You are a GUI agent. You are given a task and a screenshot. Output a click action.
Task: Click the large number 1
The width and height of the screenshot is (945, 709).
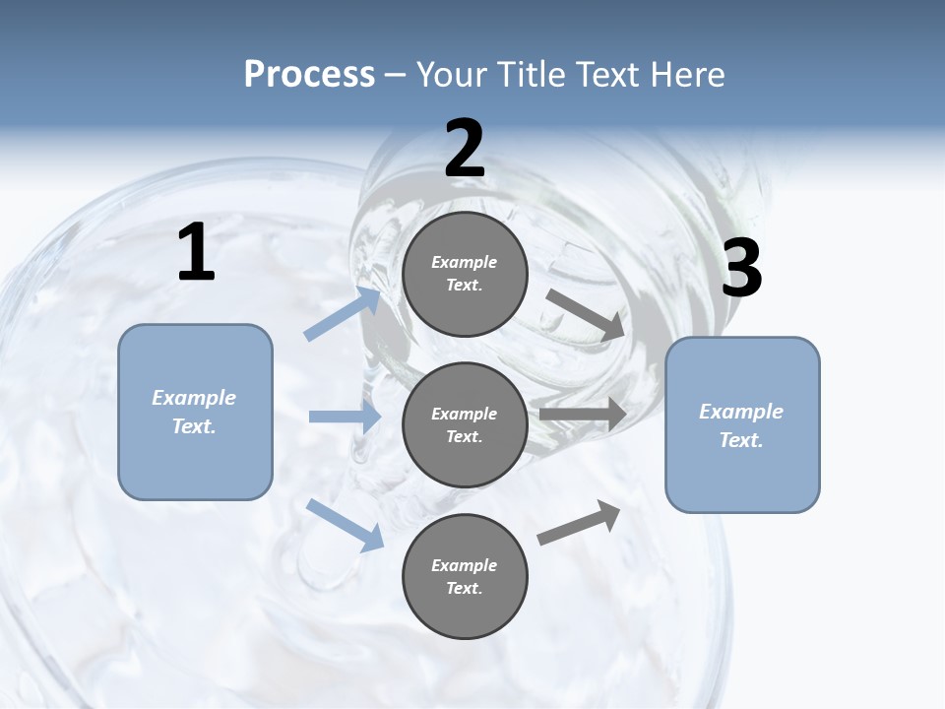pyautogui.click(x=196, y=253)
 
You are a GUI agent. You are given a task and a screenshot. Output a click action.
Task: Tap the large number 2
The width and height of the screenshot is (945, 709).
pyautogui.click(x=465, y=150)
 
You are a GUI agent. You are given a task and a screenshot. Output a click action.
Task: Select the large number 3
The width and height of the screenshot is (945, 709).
pyautogui.click(x=741, y=269)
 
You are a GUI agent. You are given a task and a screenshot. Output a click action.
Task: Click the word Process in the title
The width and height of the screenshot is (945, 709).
pyautogui.click(x=309, y=75)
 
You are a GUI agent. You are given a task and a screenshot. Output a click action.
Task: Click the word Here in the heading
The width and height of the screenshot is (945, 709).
pyautogui.click(x=689, y=75)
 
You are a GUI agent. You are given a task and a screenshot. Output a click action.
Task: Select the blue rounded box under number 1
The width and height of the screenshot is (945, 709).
pyautogui.click(x=195, y=412)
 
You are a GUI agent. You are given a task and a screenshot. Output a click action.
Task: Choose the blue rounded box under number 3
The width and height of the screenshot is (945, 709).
pyautogui.click(x=742, y=425)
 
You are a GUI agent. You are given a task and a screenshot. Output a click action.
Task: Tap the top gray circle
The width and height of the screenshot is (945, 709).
pyautogui.click(x=465, y=274)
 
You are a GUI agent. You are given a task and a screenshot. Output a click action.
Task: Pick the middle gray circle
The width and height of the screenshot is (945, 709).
pyautogui.click(x=465, y=424)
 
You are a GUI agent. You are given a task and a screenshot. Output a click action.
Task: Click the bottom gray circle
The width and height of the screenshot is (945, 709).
pyautogui.click(x=465, y=576)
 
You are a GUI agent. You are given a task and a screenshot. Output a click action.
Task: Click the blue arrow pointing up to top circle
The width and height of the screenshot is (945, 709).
pyautogui.click(x=343, y=313)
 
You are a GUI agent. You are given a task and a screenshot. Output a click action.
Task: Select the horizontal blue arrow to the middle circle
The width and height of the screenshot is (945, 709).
pyautogui.click(x=345, y=417)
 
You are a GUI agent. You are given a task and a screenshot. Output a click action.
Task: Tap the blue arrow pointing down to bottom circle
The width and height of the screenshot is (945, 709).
pyautogui.click(x=345, y=525)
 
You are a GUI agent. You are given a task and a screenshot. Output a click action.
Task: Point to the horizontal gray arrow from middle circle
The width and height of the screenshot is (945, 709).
pyautogui.click(x=583, y=415)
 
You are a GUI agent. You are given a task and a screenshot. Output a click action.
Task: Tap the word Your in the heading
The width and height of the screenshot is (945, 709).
pyautogui.click(x=448, y=75)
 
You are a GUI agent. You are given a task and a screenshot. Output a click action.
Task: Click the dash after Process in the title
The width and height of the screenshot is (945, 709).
pyautogui.click(x=396, y=75)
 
